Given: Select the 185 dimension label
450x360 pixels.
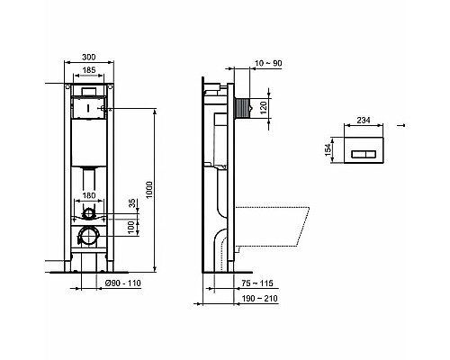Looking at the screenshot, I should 87,71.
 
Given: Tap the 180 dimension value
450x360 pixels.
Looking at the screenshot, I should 87,195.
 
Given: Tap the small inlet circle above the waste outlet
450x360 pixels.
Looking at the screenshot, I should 88,212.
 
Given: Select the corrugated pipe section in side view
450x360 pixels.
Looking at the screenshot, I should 240,106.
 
